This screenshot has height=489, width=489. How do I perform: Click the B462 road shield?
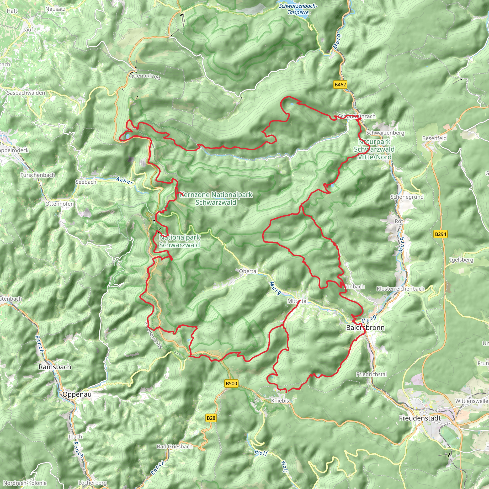[340, 85]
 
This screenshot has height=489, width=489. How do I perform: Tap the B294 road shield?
[440, 234]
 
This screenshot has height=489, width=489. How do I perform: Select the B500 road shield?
[231, 383]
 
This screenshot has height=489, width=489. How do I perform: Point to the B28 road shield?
[211, 418]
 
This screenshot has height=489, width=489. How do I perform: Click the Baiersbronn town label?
[365, 328]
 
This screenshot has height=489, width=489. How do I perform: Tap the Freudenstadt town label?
[420, 418]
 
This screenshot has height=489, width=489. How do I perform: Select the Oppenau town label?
[77, 394]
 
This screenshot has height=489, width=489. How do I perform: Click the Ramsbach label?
[55, 367]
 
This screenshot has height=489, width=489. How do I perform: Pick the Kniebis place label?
[280, 401]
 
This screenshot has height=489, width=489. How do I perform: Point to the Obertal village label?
[248, 271]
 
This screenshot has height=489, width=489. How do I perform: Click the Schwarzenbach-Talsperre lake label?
[298, 9]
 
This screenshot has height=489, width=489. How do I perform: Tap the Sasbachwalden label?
[26, 93]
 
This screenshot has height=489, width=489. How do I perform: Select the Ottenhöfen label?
[59, 204]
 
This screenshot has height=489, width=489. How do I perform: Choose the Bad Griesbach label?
[174, 446]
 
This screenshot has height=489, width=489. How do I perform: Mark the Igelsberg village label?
[461, 260]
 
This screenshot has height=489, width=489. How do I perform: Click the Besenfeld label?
[434, 138]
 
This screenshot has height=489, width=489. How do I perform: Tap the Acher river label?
[125, 181]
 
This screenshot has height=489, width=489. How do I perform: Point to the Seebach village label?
[85, 182]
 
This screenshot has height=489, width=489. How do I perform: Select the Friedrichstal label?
[371, 374]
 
